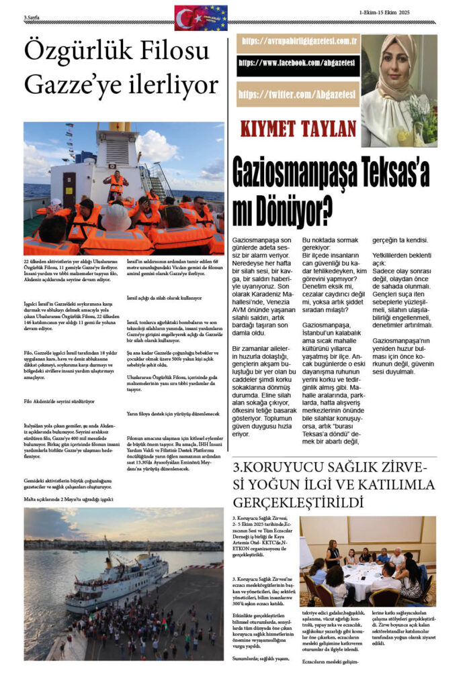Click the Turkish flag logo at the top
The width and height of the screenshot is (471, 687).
(192, 18)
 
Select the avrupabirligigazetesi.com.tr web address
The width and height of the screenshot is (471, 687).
(298, 41)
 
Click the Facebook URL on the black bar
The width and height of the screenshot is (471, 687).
(298, 64)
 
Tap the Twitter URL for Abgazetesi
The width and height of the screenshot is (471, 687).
(298, 93)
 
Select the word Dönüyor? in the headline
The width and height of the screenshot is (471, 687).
(295, 212)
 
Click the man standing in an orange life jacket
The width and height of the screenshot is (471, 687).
(116, 184)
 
